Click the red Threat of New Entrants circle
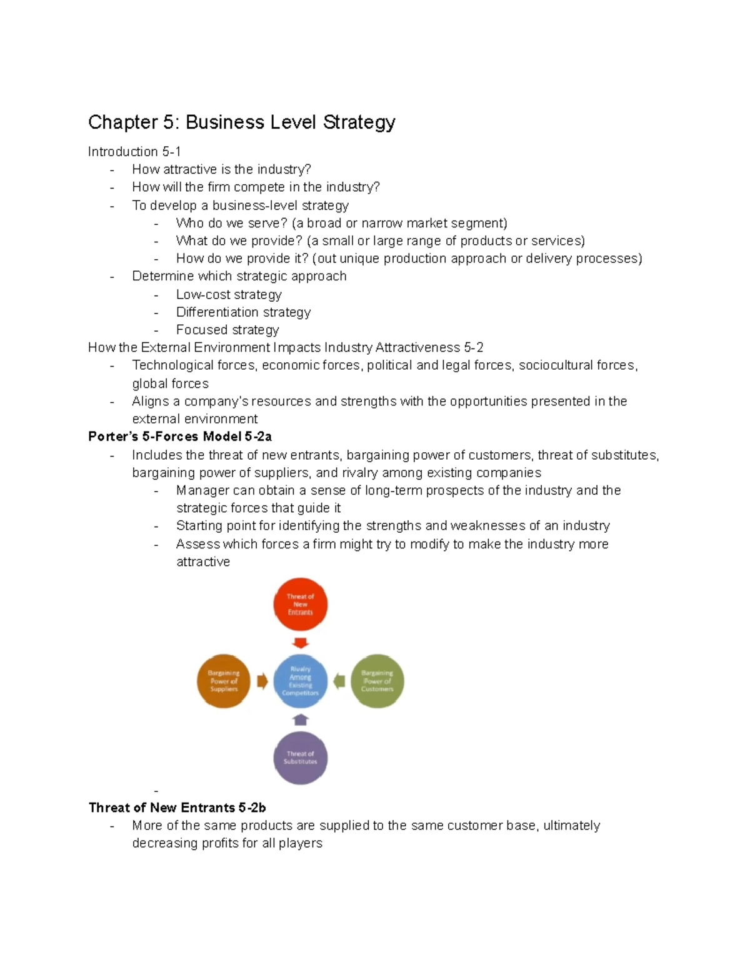301,604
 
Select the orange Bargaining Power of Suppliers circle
224,681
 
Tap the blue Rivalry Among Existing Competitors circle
301,681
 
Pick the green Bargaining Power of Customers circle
377,681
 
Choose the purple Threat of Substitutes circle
301,758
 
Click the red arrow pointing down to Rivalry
301,643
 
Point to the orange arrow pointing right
262,681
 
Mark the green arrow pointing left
339,681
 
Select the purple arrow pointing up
301,720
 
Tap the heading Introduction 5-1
134,152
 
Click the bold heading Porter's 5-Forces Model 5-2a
180,437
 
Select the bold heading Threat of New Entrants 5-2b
177,808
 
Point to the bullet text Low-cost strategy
229,294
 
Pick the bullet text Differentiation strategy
243,312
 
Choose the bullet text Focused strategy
227,330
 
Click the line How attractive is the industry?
221,169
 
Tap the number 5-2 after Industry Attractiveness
474,347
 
